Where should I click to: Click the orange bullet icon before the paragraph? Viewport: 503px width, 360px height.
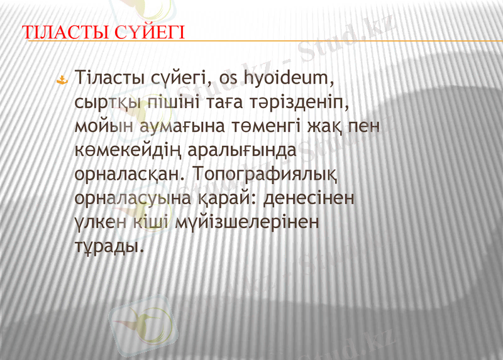click(x=63, y=80)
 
